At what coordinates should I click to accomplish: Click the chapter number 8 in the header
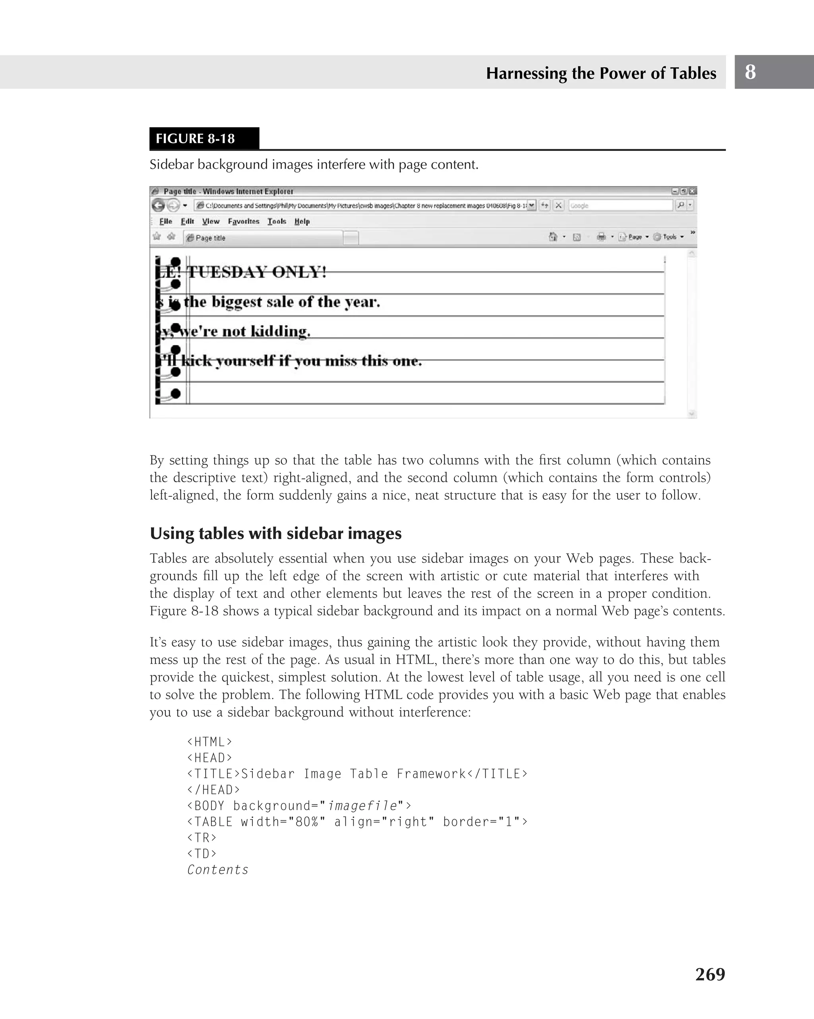click(x=750, y=72)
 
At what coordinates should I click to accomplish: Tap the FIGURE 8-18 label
click(x=195, y=139)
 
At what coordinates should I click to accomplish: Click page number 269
click(x=709, y=974)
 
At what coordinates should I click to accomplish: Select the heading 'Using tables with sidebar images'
click(x=275, y=533)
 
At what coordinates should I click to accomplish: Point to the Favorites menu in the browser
click(x=243, y=221)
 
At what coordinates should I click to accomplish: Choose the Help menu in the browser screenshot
click(x=302, y=221)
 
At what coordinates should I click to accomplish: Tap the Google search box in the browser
click(x=620, y=205)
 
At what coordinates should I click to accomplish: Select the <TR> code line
click(x=202, y=838)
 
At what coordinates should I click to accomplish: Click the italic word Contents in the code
click(x=217, y=870)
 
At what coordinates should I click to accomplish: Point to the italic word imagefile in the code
click(x=362, y=805)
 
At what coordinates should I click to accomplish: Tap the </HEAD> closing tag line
click(x=213, y=789)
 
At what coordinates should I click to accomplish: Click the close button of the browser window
click(x=692, y=191)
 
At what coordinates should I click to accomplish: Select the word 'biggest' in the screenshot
click(x=236, y=302)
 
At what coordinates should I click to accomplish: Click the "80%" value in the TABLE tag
click(x=306, y=822)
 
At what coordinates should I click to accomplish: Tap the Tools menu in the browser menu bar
click(x=277, y=221)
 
